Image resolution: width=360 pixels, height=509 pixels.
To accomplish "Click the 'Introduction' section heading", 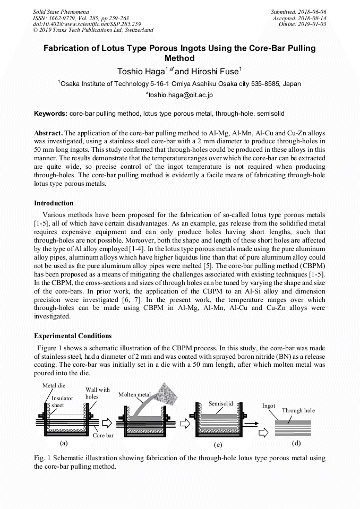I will (x=54, y=203).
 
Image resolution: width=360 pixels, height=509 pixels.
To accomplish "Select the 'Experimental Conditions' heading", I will (x=73, y=336).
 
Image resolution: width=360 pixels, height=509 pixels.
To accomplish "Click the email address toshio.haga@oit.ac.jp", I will (x=179, y=95).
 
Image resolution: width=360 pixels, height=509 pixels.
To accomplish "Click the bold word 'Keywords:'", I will (x=50, y=114).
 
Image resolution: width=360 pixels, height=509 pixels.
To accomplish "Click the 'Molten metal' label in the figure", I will (x=134, y=395).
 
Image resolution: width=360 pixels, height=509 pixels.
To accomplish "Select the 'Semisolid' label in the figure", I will (x=221, y=404).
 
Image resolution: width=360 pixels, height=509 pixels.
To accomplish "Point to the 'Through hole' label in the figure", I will (x=298, y=410).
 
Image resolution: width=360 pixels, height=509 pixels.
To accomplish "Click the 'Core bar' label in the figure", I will (x=103, y=436).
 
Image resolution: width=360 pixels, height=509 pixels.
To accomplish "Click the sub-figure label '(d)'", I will (x=296, y=442).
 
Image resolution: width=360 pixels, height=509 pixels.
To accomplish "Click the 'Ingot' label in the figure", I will (x=269, y=406).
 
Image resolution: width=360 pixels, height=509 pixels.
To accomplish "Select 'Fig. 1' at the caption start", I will (x=42, y=458).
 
